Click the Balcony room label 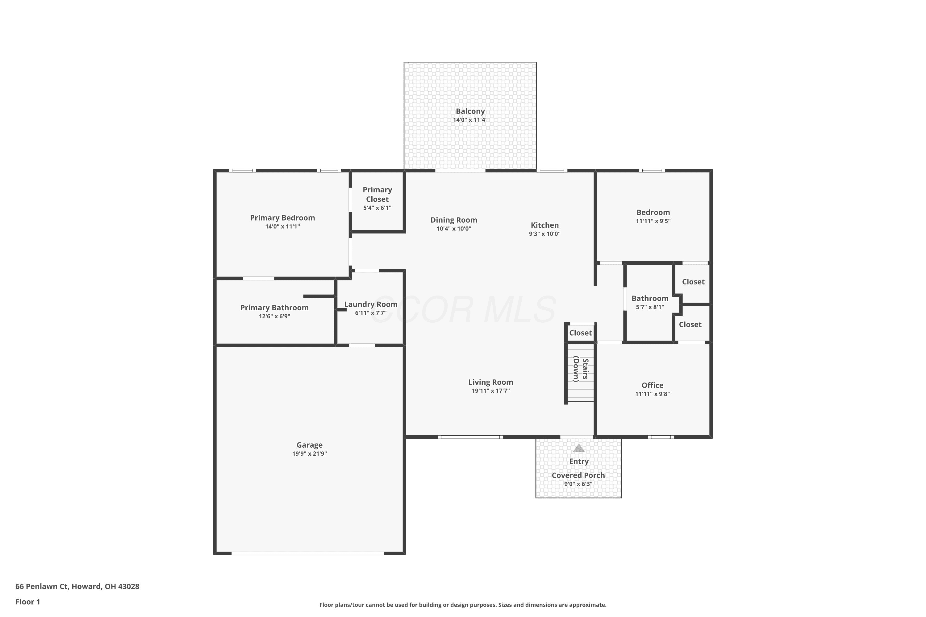[x=470, y=111]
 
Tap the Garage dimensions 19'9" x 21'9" [x=310, y=453]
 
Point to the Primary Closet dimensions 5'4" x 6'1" [x=377, y=208]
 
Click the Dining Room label [x=453, y=220]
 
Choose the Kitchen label [x=544, y=225]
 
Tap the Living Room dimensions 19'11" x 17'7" [x=490, y=391]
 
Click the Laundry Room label [x=370, y=304]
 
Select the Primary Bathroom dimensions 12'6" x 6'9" [x=274, y=317]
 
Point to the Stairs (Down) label [x=581, y=369]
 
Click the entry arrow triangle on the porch [x=578, y=448]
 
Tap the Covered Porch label [x=578, y=475]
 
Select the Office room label [x=653, y=385]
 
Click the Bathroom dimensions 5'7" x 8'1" [x=650, y=307]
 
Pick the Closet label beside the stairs [x=580, y=333]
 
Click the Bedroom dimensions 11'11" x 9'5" [x=653, y=221]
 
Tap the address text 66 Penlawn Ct [x=43, y=586]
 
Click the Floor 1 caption [x=27, y=602]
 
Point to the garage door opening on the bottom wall [x=307, y=553]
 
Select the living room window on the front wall [x=470, y=437]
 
